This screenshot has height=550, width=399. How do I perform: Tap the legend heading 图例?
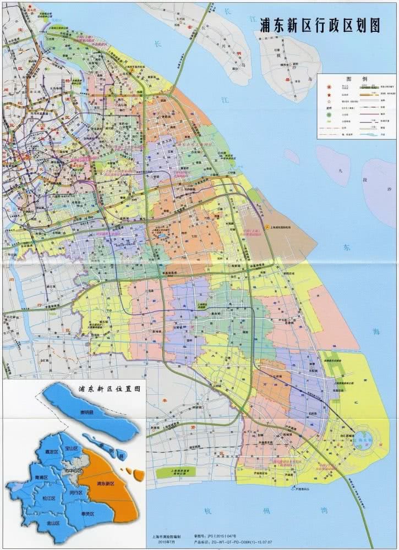(356, 79)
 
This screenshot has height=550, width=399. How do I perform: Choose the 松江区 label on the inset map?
(49, 498)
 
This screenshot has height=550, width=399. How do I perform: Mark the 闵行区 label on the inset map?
(76, 492)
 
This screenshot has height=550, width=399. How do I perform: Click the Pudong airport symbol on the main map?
(266, 226)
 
